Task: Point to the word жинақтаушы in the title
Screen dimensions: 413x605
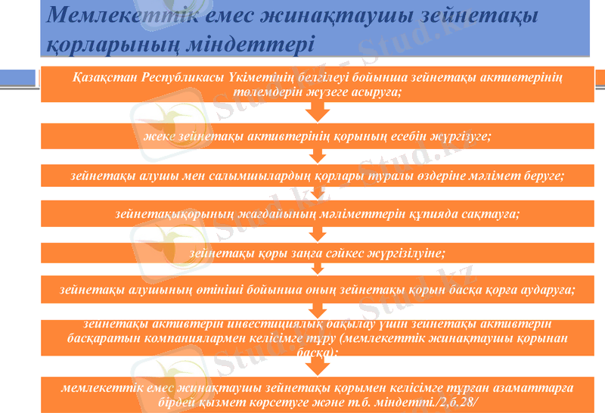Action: coord(265,14)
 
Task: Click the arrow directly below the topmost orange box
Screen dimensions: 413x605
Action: coord(318,112)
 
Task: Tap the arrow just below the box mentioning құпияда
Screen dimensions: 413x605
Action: coord(318,233)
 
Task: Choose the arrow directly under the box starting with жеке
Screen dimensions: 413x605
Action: coord(318,156)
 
